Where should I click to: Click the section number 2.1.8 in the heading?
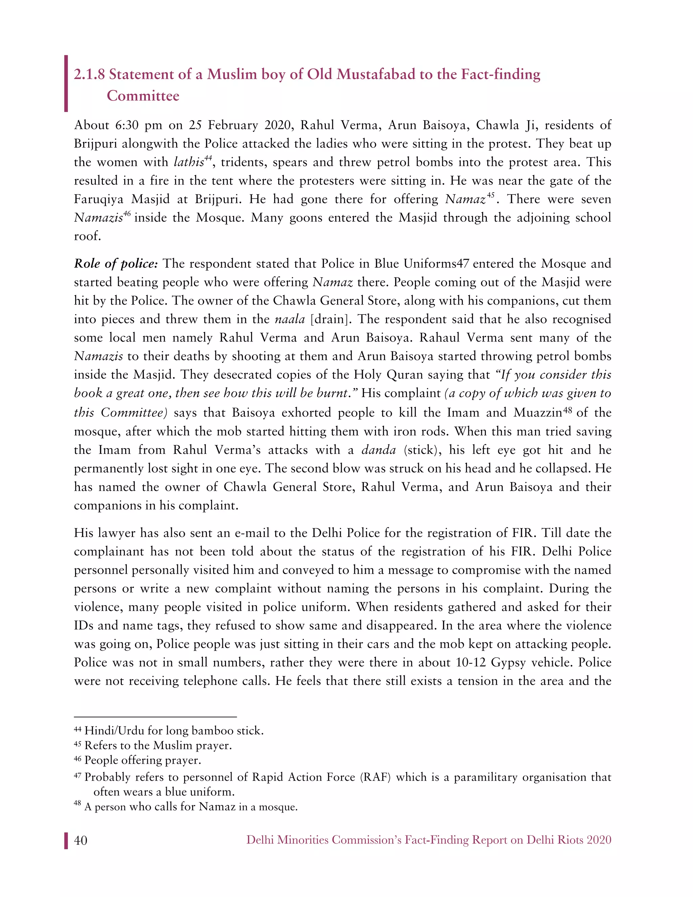[x=89, y=75]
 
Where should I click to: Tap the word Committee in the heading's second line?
[x=143, y=96]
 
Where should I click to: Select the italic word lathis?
[x=189, y=162]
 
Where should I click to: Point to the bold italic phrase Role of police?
[x=116, y=264]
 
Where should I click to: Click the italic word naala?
[x=289, y=319]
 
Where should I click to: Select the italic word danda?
[x=379, y=450]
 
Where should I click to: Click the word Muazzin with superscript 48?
[x=537, y=412]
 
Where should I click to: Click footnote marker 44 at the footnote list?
[x=77, y=730]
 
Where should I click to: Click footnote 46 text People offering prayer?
[x=142, y=760]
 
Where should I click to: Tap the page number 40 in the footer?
[x=81, y=840]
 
